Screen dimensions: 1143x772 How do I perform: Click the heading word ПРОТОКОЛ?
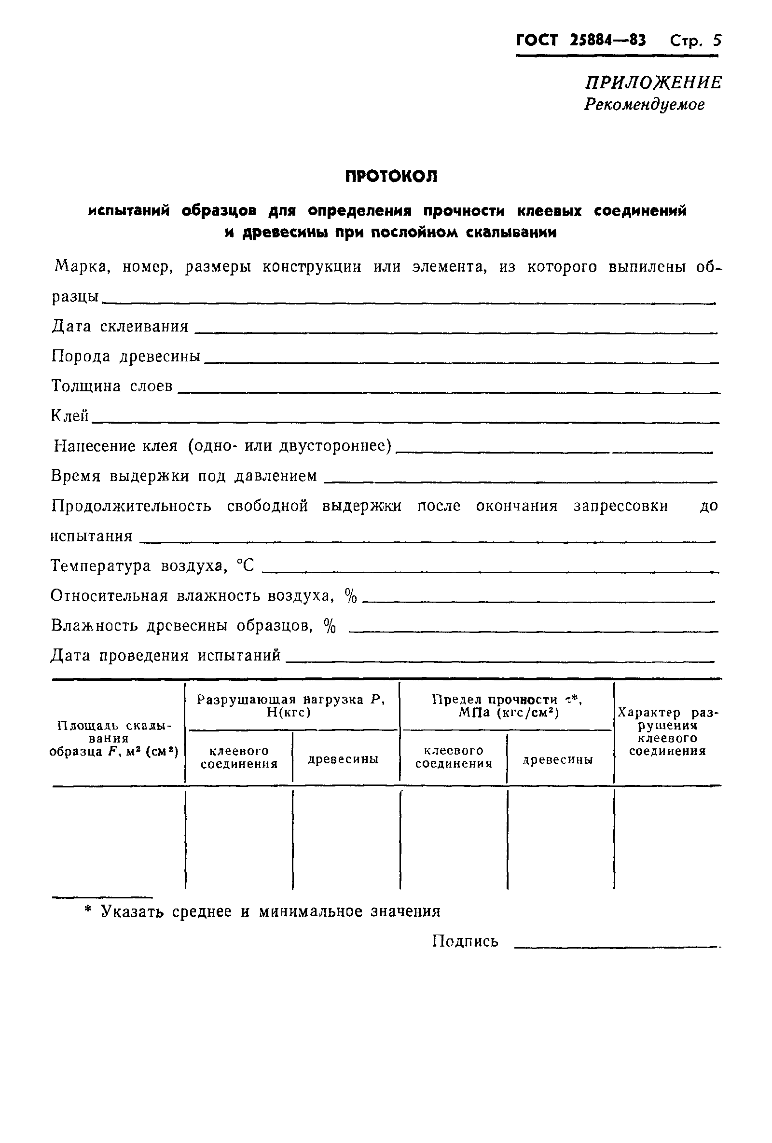click(x=391, y=176)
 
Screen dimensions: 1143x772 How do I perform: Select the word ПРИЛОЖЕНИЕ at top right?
click(x=653, y=82)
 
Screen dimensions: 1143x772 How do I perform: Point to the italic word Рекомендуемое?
click(x=644, y=104)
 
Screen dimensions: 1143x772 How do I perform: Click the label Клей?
click(x=70, y=416)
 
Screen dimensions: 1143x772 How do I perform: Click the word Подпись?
click(x=465, y=941)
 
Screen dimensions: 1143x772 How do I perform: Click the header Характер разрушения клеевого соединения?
click(x=667, y=731)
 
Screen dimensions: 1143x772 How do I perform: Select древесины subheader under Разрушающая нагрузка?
click(x=343, y=759)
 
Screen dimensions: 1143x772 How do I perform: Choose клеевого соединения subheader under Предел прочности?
click(x=454, y=757)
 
